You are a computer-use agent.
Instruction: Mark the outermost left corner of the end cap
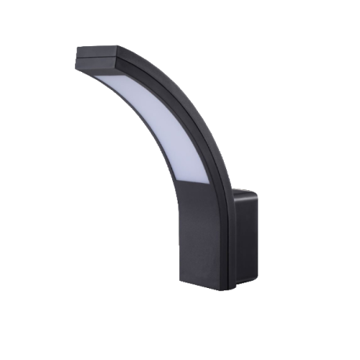tap(76, 54)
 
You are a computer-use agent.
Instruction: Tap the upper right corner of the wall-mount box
tap(257, 189)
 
